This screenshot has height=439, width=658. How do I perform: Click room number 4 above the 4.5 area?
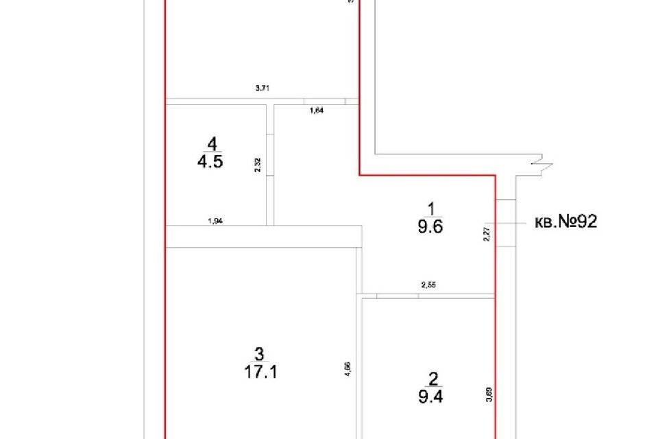click(212, 144)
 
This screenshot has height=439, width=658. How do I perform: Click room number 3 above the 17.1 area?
click(258, 354)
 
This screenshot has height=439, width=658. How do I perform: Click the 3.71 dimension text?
click(262, 88)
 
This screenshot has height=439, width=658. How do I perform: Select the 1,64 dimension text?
click(317, 110)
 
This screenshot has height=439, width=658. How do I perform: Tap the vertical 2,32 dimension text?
click(257, 165)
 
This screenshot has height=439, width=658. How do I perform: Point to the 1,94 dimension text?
click(215, 221)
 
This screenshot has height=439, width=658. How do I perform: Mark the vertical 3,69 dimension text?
click(487, 396)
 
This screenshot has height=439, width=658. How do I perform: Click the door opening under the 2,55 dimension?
click(397, 296)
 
